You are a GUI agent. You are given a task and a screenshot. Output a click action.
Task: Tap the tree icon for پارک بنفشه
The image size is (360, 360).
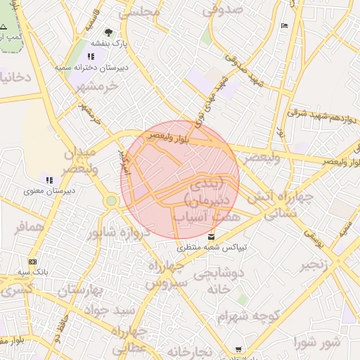click(108, 32)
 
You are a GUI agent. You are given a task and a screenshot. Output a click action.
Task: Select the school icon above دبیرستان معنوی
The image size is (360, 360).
click(48, 179)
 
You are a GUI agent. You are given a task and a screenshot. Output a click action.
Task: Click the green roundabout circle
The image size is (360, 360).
click(110, 201)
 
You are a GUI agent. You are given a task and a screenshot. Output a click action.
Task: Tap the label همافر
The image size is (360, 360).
click(29, 226)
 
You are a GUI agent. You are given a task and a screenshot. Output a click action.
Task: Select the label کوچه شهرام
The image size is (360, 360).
click(250, 318)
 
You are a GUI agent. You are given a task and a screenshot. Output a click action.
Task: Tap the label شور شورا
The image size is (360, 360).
click(321, 344)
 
